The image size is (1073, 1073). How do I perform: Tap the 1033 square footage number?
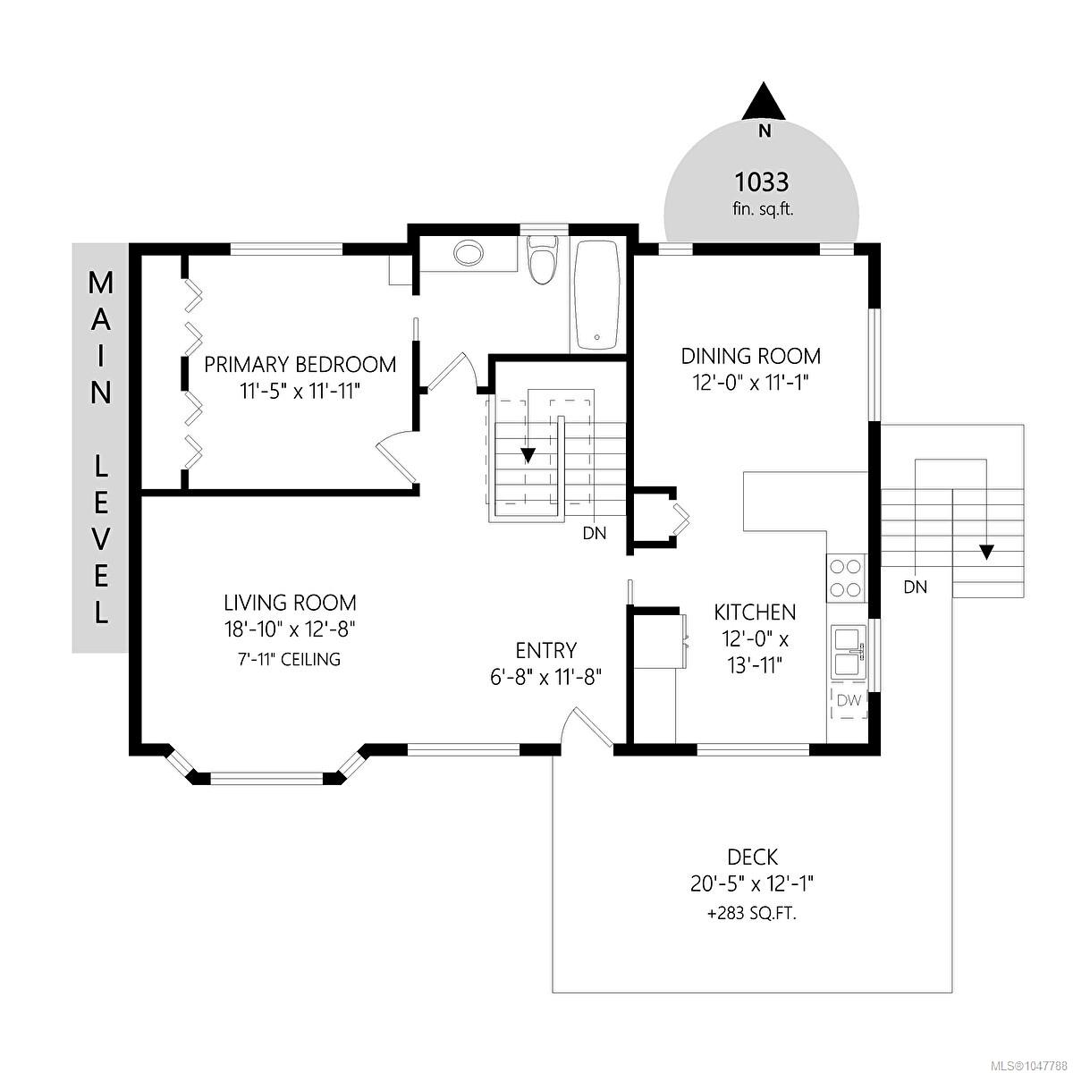pos(762,182)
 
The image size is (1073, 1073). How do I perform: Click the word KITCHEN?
pos(755,613)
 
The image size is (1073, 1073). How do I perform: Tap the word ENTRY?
pos(545,650)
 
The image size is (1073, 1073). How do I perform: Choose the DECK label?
pos(752,857)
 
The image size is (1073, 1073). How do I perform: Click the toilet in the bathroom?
pos(543,259)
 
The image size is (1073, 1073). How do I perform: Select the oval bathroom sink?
pos(468,253)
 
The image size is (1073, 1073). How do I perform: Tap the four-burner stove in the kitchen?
pos(847,579)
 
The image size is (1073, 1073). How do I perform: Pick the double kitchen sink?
pos(849,652)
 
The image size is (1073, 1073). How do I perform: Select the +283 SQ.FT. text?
pos(752,914)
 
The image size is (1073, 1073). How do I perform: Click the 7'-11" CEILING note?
pos(289,659)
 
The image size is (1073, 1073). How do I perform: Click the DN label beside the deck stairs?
pos(916,587)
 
